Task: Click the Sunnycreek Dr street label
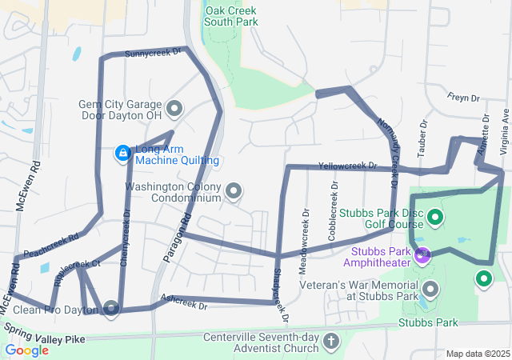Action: coord(154,53)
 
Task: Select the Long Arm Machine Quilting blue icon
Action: coord(122,152)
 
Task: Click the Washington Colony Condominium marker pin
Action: coord(234,190)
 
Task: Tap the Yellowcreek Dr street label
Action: coord(347,166)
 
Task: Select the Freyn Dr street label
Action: coord(463,98)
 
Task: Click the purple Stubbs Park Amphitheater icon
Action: coord(422,256)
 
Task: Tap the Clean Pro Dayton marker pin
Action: coord(110,308)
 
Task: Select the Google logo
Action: coord(27,350)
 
